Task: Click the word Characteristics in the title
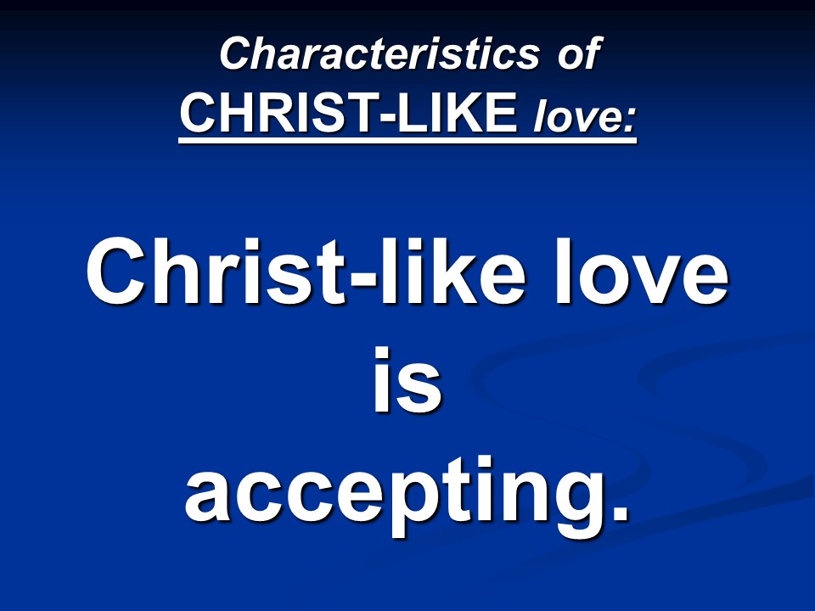(x=380, y=53)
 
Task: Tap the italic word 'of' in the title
(x=580, y=53)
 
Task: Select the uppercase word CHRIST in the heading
(x=279, y=113)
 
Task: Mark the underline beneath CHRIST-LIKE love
(x=407, y=139)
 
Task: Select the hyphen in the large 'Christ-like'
(x=363, y=281)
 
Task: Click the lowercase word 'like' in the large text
(x=451, y=272)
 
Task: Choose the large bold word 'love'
(x=640, y=272)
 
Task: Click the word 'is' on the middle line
(x=407, y=379)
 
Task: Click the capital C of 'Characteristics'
(x=237, y=53)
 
